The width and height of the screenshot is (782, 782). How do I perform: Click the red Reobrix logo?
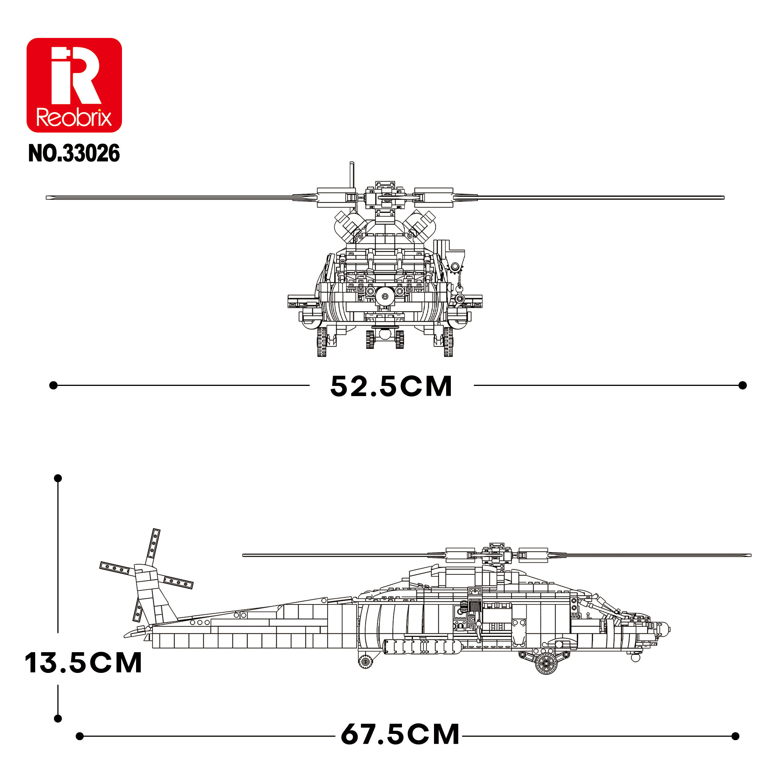74,85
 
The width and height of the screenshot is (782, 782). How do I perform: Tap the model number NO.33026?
74,154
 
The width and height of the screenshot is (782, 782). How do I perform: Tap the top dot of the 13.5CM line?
58,478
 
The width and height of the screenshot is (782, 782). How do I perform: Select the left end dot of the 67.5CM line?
80,736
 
